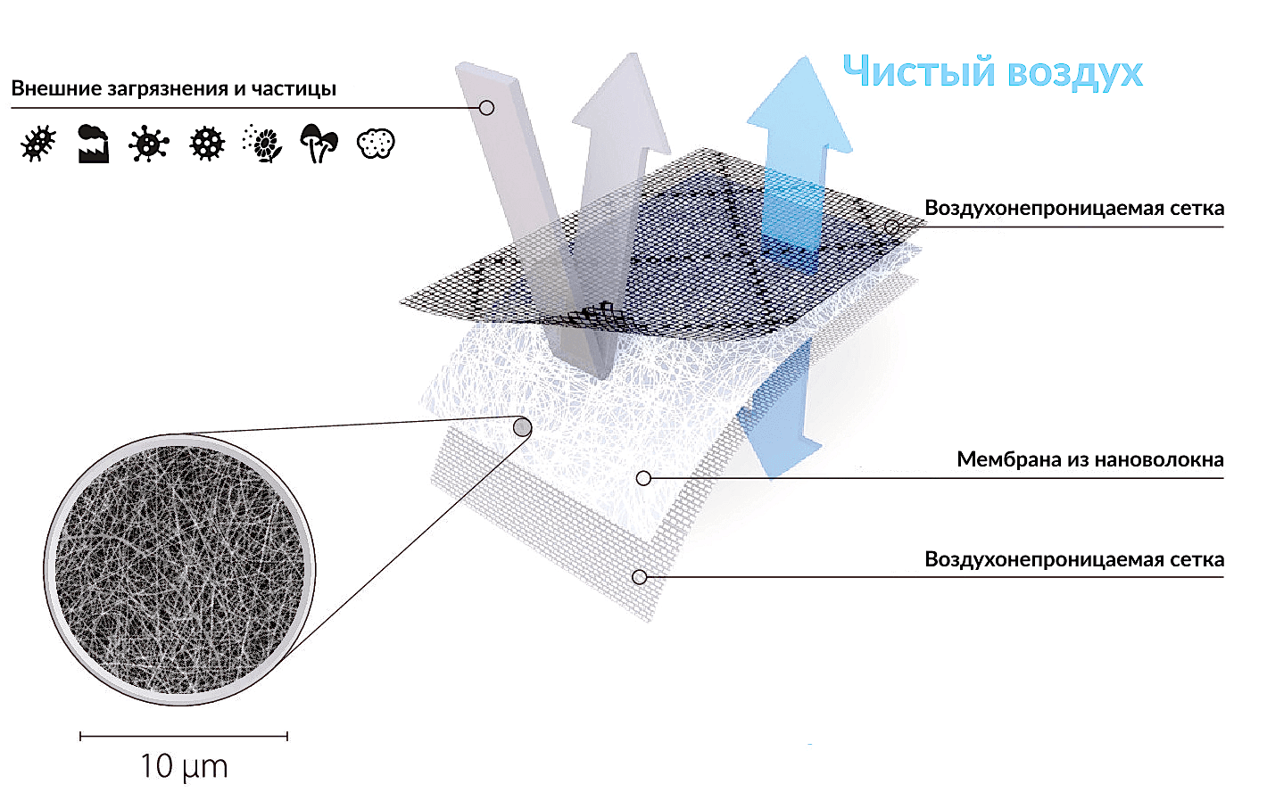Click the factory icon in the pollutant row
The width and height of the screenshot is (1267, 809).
click(94, 144)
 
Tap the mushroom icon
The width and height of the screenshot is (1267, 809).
click(319, 144)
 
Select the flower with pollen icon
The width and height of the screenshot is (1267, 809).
click(262, 144)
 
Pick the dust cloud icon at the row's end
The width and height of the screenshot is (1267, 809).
click(377, 144)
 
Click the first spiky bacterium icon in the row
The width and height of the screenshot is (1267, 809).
click(38, 144)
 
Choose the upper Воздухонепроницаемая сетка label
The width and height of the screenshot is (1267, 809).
click(1074, 209)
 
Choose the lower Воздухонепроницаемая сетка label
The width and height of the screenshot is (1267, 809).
click(1074, 559)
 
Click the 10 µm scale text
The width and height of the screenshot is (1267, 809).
click(184, 767)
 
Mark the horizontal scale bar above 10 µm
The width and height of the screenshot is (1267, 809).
click(184, 736)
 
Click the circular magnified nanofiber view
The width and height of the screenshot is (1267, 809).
click(179, 569)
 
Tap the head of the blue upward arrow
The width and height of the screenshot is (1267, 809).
click(800, 104)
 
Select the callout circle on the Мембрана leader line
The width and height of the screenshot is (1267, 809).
click(643, 478)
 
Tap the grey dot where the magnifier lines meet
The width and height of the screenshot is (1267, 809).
click(523, 427)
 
